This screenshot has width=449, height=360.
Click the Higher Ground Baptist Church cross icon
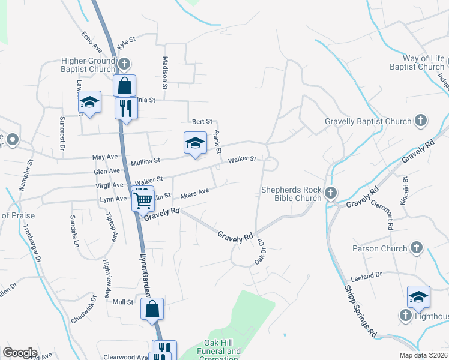(x=124, y=64)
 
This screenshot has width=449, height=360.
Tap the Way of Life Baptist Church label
(x=415, y=62)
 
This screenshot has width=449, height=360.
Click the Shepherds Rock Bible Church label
(x=291, y=194)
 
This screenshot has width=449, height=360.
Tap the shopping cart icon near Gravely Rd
(x=143, y=200)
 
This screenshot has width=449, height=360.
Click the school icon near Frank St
(x=195, y=143)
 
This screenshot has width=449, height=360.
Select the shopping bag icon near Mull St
(x=152, y=309)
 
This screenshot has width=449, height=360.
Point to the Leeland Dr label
(x=366, y=276)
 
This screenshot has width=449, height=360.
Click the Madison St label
(x=165, y=70)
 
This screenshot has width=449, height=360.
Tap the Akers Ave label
(x=194, y=193)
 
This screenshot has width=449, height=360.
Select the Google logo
(x=20, y=352)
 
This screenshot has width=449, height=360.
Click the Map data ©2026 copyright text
(x=423, y=355)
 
